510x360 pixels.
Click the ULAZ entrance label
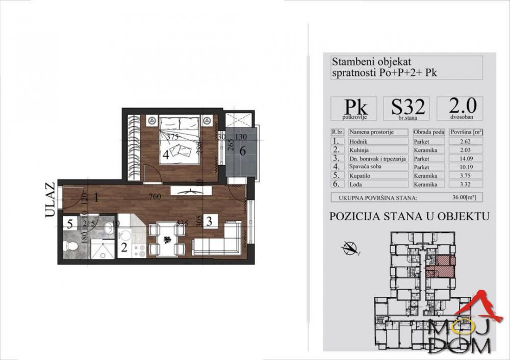49,200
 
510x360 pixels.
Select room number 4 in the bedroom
166,154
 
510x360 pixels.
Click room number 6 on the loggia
243,151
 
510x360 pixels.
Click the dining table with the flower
167,239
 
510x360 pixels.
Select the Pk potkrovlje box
353,108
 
